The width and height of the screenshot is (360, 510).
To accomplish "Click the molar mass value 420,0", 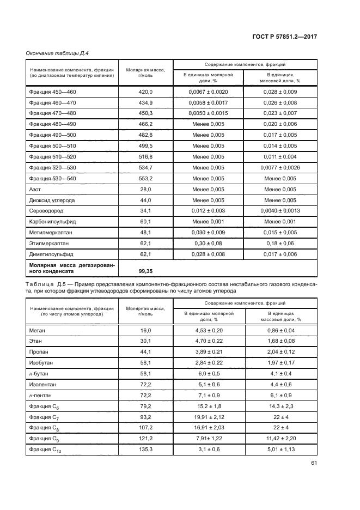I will tap(147, 92).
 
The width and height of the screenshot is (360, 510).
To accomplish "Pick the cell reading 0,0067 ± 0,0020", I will tap(208, 92).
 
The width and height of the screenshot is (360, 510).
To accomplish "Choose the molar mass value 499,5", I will tap(147, 146).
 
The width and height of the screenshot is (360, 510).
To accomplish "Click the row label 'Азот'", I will tap(35, 189).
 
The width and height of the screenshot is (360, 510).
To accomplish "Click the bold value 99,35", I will tap(145, 270).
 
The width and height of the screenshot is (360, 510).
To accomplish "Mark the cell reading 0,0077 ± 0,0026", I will tap(280, 167).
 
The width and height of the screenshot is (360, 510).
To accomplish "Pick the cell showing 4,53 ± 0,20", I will tap(208, 330).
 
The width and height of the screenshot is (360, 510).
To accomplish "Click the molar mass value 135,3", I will tap(147, 449).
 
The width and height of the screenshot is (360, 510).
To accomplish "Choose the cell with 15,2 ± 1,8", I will tap(208, 406).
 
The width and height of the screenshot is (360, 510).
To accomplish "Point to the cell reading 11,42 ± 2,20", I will tap(280, 438).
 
